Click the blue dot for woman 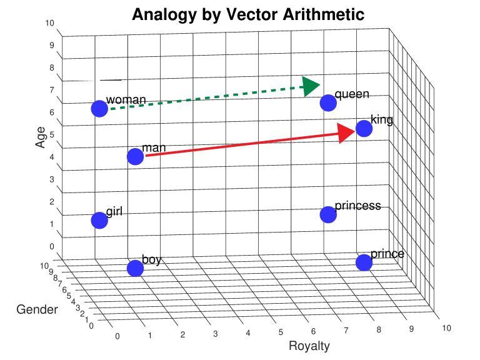pos(99,109)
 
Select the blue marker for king pos(364,129)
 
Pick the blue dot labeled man pos(135,156)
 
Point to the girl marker pos(99,220)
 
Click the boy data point pos(135,268)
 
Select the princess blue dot pos(328,214)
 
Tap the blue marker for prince pos(364,262)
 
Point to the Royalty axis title pos(309,346)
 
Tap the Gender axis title pos(37,309)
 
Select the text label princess pos(357,206)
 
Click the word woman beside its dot pos(126,99)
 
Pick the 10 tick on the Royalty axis pos(446,327)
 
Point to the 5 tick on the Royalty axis pos(281,332)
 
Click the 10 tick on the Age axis pos(50,24)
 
